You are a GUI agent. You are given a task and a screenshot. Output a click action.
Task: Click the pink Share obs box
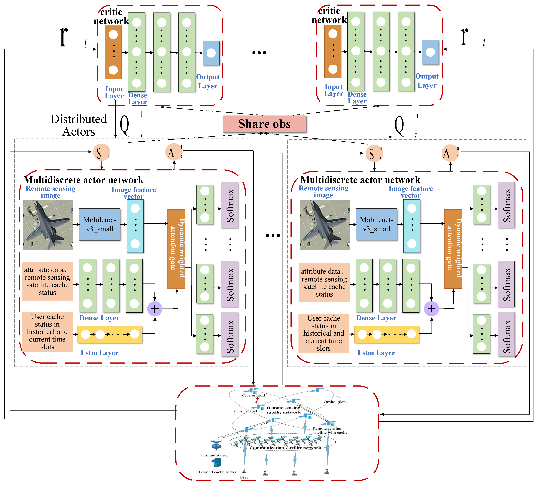264,124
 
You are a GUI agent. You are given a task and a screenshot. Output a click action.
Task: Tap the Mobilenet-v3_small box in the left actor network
100,224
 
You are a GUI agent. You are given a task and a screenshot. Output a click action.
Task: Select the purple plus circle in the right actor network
431,309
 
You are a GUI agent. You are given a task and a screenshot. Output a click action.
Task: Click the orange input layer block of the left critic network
113,52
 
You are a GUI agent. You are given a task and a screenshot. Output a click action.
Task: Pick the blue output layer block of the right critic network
430,52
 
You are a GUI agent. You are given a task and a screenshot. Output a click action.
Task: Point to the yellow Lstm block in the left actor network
110,334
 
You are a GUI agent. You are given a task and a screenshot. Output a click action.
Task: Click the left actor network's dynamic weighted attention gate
176,249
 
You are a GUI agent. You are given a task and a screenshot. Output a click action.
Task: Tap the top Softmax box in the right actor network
506,205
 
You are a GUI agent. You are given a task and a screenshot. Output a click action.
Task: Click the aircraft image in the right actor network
325,225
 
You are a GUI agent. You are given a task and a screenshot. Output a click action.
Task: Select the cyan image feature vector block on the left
135,226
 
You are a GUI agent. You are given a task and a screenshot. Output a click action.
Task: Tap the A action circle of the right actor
450,153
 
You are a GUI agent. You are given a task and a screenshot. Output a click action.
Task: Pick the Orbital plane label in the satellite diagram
336,402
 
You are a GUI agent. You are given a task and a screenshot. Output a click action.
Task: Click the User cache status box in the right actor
323,333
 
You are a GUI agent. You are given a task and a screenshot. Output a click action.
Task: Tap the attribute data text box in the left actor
48,281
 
